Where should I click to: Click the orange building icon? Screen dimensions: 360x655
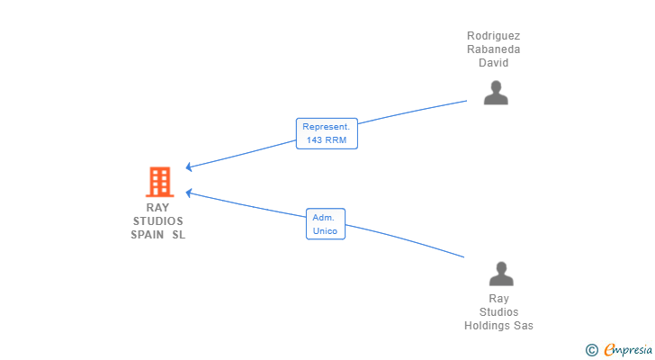point(160,182)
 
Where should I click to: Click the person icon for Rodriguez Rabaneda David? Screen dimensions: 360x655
point(496,93)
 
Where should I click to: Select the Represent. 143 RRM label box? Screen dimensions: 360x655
point(327,133)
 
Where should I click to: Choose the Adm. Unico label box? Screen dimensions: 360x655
point(325,224)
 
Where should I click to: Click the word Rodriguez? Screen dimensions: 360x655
point(493,36)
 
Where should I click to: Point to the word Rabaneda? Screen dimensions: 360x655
point(493,49)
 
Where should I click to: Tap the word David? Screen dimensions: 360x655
point(493,63)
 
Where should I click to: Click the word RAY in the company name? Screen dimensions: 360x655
point(157,208)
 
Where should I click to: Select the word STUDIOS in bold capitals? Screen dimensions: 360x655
point(157,221)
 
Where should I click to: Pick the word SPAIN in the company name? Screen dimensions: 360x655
point(148,235)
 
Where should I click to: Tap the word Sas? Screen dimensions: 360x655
point(524,326)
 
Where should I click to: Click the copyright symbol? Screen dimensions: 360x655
point(591,349)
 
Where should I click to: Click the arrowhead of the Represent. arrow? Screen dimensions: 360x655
point(189,167)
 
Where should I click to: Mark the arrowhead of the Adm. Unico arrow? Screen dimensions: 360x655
point(189,191)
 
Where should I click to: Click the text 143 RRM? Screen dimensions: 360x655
point(327,140)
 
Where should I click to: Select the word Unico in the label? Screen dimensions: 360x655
point(325,231)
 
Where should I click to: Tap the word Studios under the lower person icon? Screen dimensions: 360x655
point(498,312)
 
